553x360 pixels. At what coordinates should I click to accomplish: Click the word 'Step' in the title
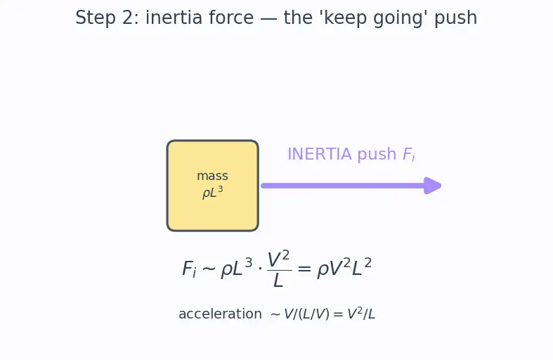[96, 18]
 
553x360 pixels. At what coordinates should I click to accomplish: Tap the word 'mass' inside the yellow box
[212, 176]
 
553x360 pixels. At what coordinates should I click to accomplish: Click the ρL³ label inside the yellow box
[213, 193]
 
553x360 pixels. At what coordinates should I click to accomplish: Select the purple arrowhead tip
[441, 186]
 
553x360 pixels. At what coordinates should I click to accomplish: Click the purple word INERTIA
[320, 154]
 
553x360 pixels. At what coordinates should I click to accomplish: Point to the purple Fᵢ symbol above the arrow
[409, 155]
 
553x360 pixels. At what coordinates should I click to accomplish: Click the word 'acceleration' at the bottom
[220, 314]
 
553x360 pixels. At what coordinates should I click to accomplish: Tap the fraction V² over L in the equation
[279, 269]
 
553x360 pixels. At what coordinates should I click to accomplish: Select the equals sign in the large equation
[304, 269]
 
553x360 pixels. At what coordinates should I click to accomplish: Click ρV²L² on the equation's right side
[344, 268]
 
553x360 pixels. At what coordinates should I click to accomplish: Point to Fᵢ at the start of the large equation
[189, 269]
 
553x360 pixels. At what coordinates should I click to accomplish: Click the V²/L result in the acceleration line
[361, 314]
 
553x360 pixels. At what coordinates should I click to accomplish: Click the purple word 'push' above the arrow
[377, 155]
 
